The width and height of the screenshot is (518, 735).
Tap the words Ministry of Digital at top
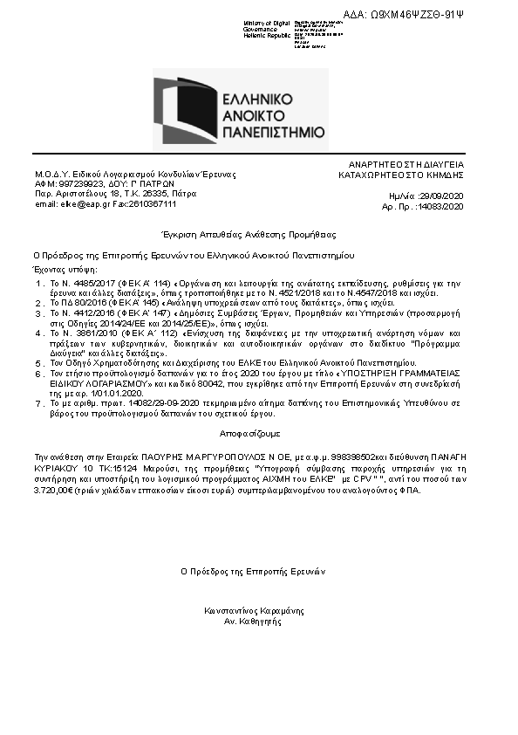(266, 22)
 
